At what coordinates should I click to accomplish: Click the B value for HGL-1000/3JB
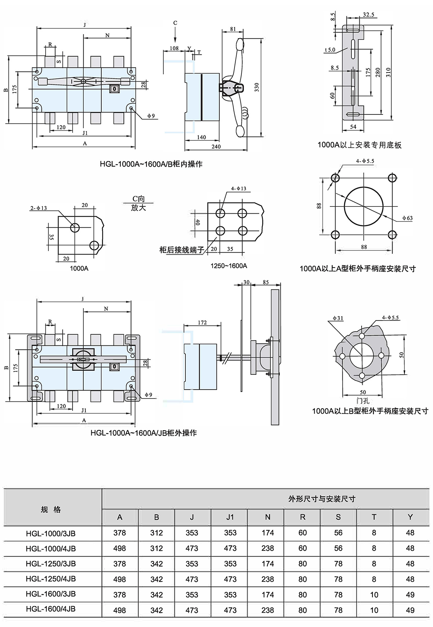(156, 533)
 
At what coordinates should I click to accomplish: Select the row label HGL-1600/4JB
(51, 609)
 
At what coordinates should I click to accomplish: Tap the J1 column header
(230, 517)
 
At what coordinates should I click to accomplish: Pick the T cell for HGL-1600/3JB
(374, 595)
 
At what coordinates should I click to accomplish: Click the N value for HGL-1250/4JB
(267, 579)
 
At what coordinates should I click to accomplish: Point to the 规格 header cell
(51, 509)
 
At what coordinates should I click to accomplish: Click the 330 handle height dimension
(257, 87)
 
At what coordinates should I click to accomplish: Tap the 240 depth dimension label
(216, 146)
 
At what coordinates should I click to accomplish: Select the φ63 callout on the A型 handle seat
(407, 218)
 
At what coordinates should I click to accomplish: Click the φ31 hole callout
(338, 318)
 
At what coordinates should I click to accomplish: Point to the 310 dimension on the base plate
(388, 72)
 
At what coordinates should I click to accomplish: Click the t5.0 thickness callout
(330, 50)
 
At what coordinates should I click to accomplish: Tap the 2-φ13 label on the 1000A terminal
(39, 208)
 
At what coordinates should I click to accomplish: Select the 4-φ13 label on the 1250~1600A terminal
(239, 188)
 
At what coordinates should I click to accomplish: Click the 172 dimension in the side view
(202, 322)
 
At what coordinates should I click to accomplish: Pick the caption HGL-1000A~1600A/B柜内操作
(151, 164)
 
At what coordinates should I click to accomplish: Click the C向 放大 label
(138, 203)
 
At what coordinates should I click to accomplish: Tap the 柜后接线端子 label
(181, 250)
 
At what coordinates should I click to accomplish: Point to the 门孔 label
(363, 401)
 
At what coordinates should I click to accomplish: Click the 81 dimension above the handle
(233, 29)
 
